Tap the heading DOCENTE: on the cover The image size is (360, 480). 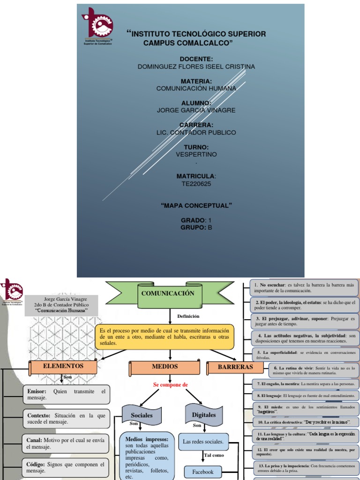tap(196, 59)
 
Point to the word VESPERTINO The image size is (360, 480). tap(196, 154)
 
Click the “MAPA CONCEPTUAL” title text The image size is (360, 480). tap(196, 205)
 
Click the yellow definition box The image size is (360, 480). tap(164, 337)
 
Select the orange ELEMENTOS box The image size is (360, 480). tap(63, 366)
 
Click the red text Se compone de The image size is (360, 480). tap(170, 385)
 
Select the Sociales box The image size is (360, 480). tap(141, 415)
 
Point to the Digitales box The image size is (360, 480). tap(203, 415)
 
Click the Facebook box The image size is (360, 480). tap(202, 472)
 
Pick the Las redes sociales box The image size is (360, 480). tap(202, 442)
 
